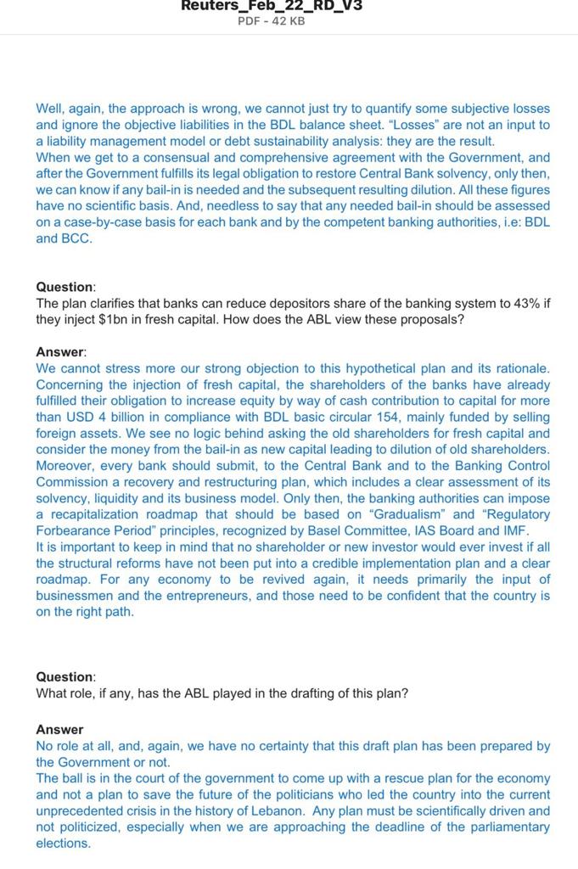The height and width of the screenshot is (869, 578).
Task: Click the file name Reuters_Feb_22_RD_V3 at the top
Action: [x=272, y=5]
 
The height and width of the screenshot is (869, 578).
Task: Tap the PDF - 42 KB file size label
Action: [x=272, y=20]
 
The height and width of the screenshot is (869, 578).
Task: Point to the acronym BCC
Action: [x=75, y=238]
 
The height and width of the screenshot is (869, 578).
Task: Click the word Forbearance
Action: [x=73, y=530]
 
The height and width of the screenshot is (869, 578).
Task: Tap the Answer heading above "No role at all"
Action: [x=59, y=730]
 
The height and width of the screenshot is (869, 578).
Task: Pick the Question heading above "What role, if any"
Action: [x=65, y=677]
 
